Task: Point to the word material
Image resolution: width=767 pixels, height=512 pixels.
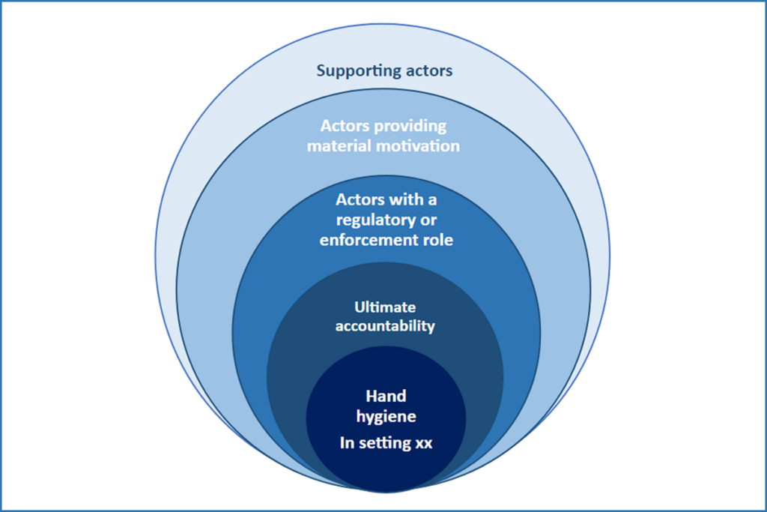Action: coord(338,145)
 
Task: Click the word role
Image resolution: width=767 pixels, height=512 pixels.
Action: coord(438,240)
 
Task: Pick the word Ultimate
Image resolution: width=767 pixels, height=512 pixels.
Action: coord(385,307)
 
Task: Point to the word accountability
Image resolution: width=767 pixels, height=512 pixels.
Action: coord(385,327)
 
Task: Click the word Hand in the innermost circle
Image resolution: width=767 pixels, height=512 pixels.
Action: coord(385,395)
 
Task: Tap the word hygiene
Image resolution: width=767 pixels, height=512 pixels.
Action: coord(385,415)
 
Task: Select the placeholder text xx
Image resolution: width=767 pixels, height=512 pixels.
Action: coord(424,442)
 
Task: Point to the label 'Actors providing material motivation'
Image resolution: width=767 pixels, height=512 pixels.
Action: coord(383,135)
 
